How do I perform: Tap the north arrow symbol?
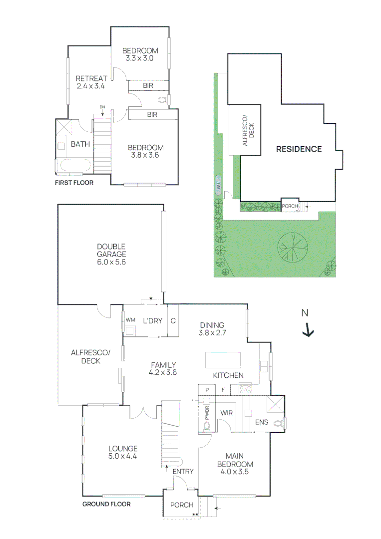pyautogui.click(x=308, y=329)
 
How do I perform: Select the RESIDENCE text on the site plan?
pyautogui.click(x=299, y=149)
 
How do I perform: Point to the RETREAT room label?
pyautogui.click(x=91, y=78)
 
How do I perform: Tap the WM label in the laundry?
pyautogui.click(x=130, y=320)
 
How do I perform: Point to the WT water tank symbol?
pyautogui.click(x=218, y=184)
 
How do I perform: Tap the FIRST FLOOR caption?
pyautogui.click(x=74, y=183)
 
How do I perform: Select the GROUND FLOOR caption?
pyautogui.click(x=106, y=504)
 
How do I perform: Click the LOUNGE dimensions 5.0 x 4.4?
pyautogui.click(x=122, y=456)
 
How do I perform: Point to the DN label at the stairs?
pyautogui.click(x=102, y=107)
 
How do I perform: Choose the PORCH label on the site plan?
pyautogui.click(x=290, y=206)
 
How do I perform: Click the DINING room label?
pyautogui.click(x=212, y=325)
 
